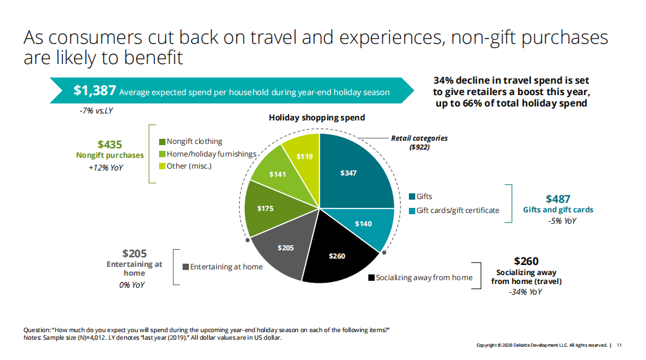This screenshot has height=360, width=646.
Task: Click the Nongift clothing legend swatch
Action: (162, 141)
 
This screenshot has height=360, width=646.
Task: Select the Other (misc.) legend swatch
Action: (162, 166)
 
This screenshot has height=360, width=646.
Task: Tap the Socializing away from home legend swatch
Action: (371, 278)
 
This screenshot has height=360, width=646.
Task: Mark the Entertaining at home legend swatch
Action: (186, 267)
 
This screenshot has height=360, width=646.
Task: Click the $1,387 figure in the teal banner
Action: (94, 91)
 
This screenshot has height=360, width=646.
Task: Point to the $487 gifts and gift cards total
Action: (558, 199)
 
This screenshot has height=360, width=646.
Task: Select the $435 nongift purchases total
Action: (110, 145)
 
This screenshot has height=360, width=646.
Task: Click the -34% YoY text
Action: (526, 292)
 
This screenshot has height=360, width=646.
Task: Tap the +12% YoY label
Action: (106, 168)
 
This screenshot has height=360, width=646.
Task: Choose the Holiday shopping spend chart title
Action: (317, 118)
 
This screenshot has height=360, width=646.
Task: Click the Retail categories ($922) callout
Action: (419, 142)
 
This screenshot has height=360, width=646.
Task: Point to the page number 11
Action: (619, 345)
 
